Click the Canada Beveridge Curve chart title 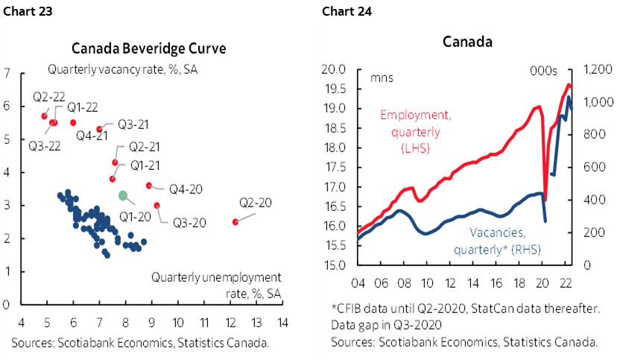149,49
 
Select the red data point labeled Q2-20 235,221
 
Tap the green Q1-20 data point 123,195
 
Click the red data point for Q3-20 156,205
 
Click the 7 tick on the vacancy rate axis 7,73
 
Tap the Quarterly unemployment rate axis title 216,283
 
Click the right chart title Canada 467,42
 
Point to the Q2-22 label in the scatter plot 46,97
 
